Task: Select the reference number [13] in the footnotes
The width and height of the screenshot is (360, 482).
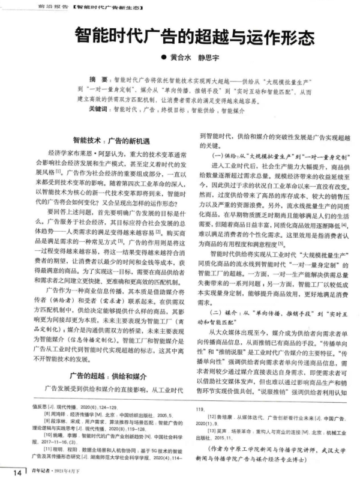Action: tap(212, 430)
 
